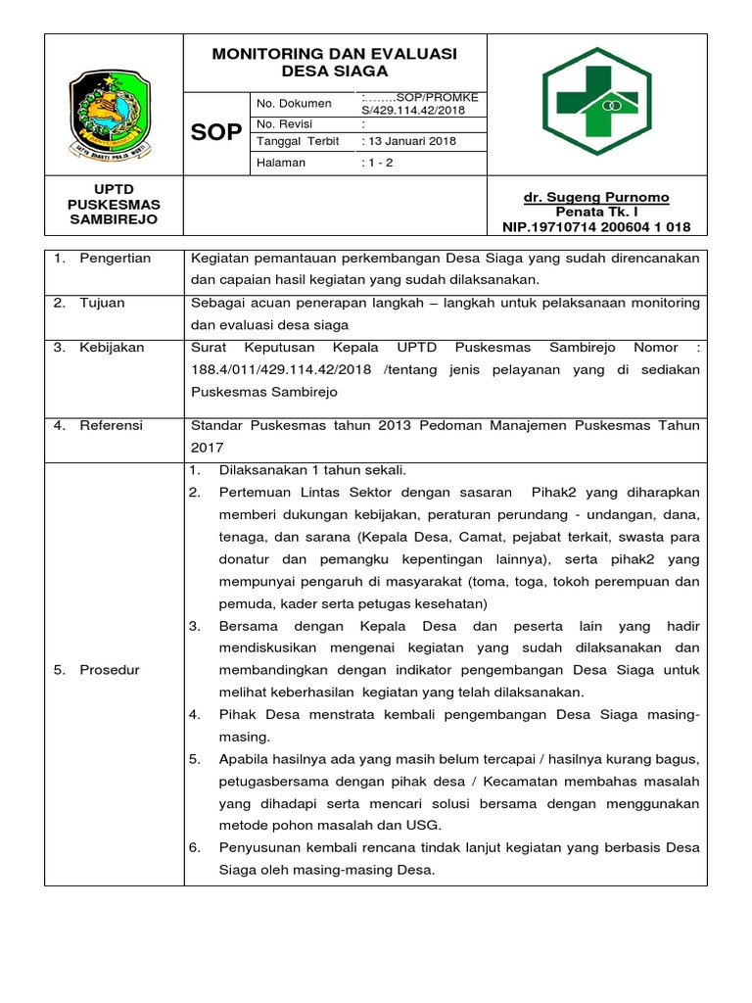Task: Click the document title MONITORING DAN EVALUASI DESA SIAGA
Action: tap(335, 62)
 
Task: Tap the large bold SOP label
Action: tap(215, 132)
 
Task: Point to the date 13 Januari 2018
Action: tap(410, 141)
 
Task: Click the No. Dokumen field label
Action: tap(293, 103)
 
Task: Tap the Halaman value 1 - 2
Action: tap(379, 163)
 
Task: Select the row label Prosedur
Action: tap(110, 670)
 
